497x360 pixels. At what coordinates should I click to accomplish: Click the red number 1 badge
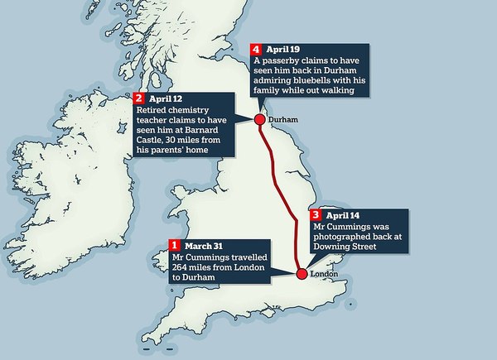point(175,245)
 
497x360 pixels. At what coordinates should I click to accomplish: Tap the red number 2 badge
point(138,98)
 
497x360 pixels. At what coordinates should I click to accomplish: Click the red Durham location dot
point(259,120)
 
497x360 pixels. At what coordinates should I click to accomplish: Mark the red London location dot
point(302,274)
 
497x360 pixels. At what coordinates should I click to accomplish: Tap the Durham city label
point(282,119)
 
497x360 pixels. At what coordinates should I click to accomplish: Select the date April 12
point(164,98)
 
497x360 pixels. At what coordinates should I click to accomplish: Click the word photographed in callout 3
point(342,235)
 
